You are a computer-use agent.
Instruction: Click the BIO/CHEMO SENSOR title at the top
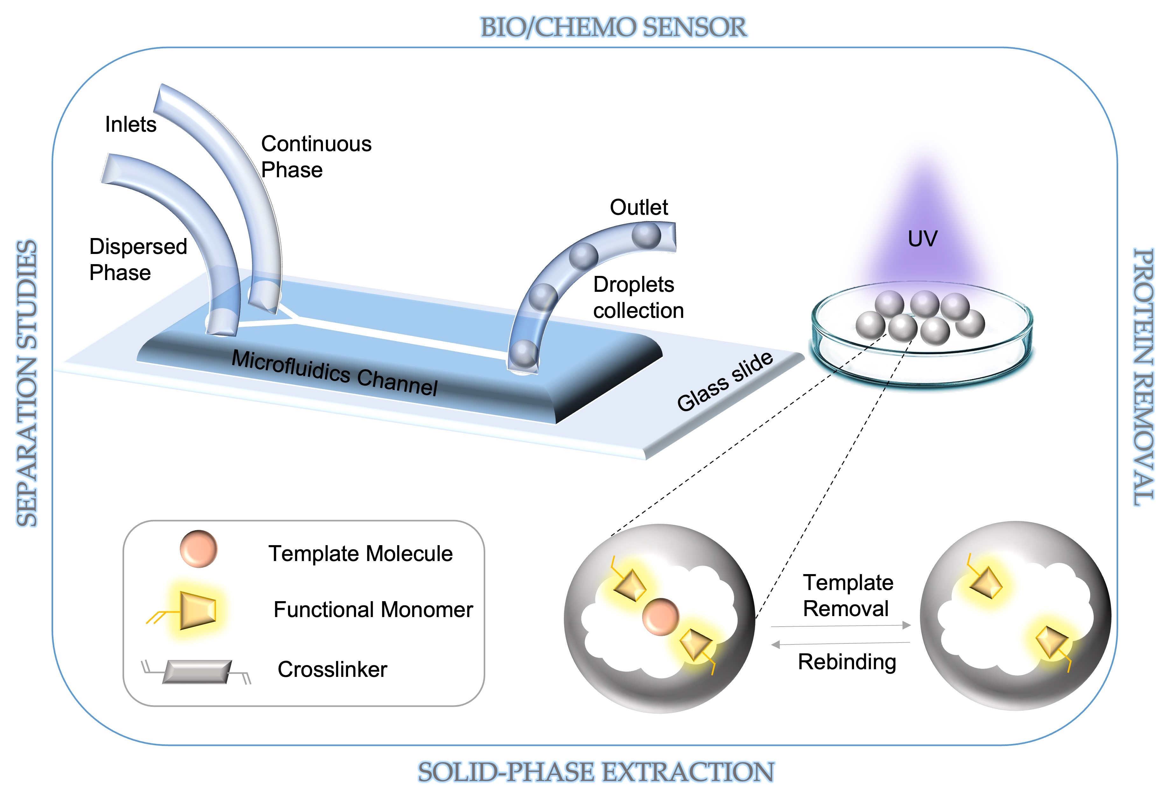click(x=613, y=27)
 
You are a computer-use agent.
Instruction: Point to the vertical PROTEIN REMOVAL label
click(x=1143, y=377)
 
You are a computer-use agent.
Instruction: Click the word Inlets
click(x=130, y=124)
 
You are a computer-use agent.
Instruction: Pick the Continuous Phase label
click(x=316, y=157)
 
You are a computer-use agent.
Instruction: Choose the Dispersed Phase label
click(x=138, y=259)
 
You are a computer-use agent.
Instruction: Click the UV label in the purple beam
click(x=922, y=239)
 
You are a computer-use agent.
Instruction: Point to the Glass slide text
click(x=725, y=381)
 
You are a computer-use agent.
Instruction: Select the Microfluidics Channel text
click(x=334, y=373)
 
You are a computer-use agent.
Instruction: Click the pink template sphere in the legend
click(x=199, y=549)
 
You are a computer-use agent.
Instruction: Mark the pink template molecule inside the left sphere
click(x=660, y=617)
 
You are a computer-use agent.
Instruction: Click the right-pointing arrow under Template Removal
click(x=840, y=626)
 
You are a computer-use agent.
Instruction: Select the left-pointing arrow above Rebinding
click(x=840, y=644)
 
